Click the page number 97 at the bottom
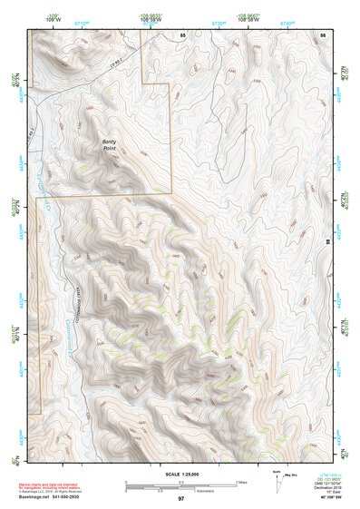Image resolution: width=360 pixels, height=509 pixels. pos(181,499)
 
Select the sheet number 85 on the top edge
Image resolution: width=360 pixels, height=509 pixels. pos(182,34)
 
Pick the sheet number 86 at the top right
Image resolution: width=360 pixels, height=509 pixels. pos(322,34)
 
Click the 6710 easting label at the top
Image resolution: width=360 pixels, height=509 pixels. pos(81,20)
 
